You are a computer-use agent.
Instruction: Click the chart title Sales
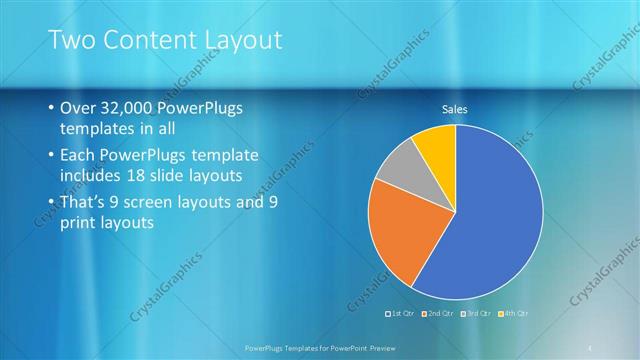click(455, 110)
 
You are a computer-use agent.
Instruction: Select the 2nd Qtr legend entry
click(441, 313)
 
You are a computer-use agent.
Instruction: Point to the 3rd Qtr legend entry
click(479, 313)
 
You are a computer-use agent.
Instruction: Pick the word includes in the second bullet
click(94, 178)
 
